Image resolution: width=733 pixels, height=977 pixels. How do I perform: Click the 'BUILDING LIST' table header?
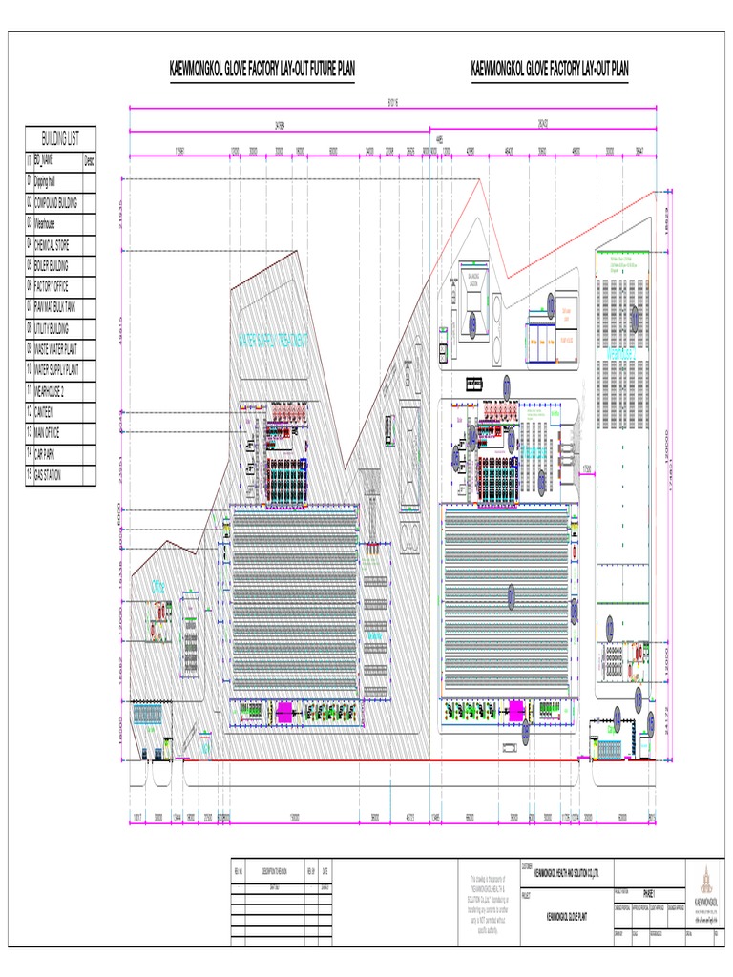click(x=61, y=138)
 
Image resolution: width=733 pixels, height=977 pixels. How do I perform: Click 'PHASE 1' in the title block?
click(x=650, y=888)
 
